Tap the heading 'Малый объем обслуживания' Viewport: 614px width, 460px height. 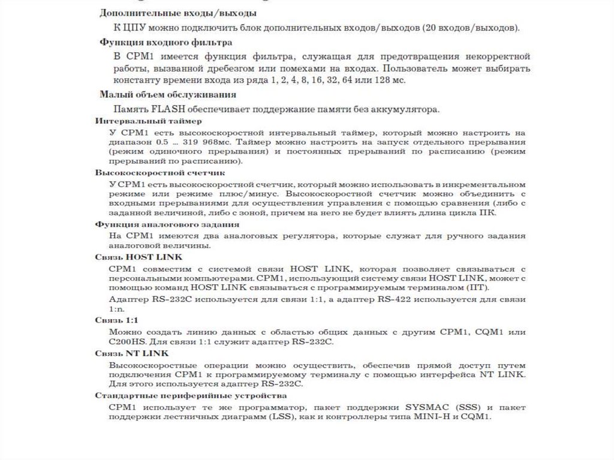click(x=168, y=94)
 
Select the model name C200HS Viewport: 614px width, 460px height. click(x=127, y=342)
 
